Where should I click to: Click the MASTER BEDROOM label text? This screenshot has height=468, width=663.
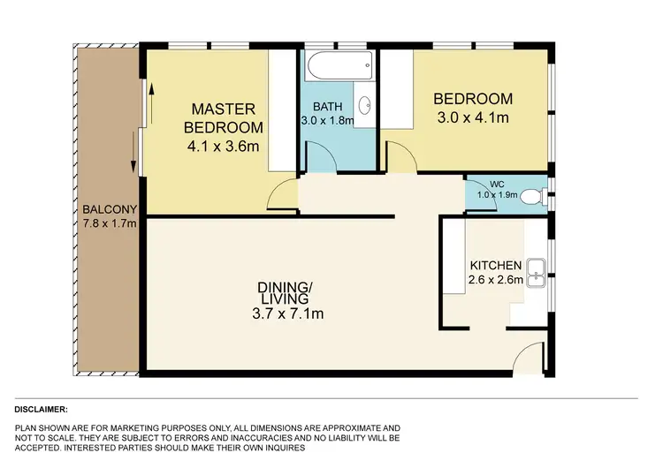pyautogui.click(x=224, y=117)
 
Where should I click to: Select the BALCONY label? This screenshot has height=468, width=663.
pyautogui.click(x=110, y=209)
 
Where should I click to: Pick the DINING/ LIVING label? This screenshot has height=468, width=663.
pyautogui.click(x=285, y=293)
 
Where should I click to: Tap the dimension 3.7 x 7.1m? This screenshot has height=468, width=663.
pyautogui.click(x=285, y=313)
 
